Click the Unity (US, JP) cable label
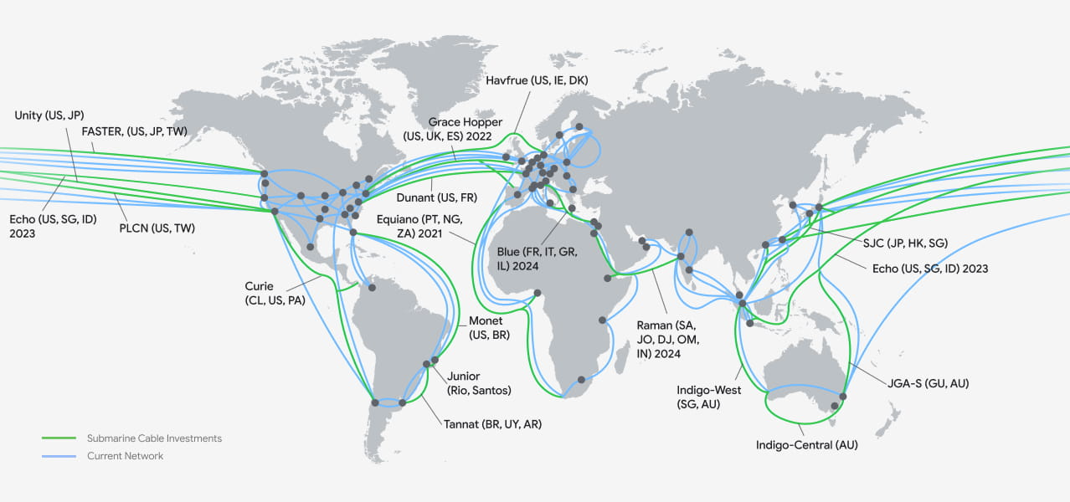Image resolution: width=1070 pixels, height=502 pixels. (49, 115)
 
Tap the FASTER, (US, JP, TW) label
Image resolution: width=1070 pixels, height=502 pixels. (134, 131)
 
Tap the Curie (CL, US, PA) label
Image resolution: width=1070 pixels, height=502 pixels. (275, 292)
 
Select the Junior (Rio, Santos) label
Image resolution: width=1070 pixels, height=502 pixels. (479, 383)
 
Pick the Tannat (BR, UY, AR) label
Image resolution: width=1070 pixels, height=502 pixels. (492, 424)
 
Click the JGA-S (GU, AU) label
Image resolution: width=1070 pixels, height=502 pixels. (929, 383)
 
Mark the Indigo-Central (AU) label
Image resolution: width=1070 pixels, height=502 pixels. (806, 445)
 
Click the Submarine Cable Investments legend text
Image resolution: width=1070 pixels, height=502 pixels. (154, 438)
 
